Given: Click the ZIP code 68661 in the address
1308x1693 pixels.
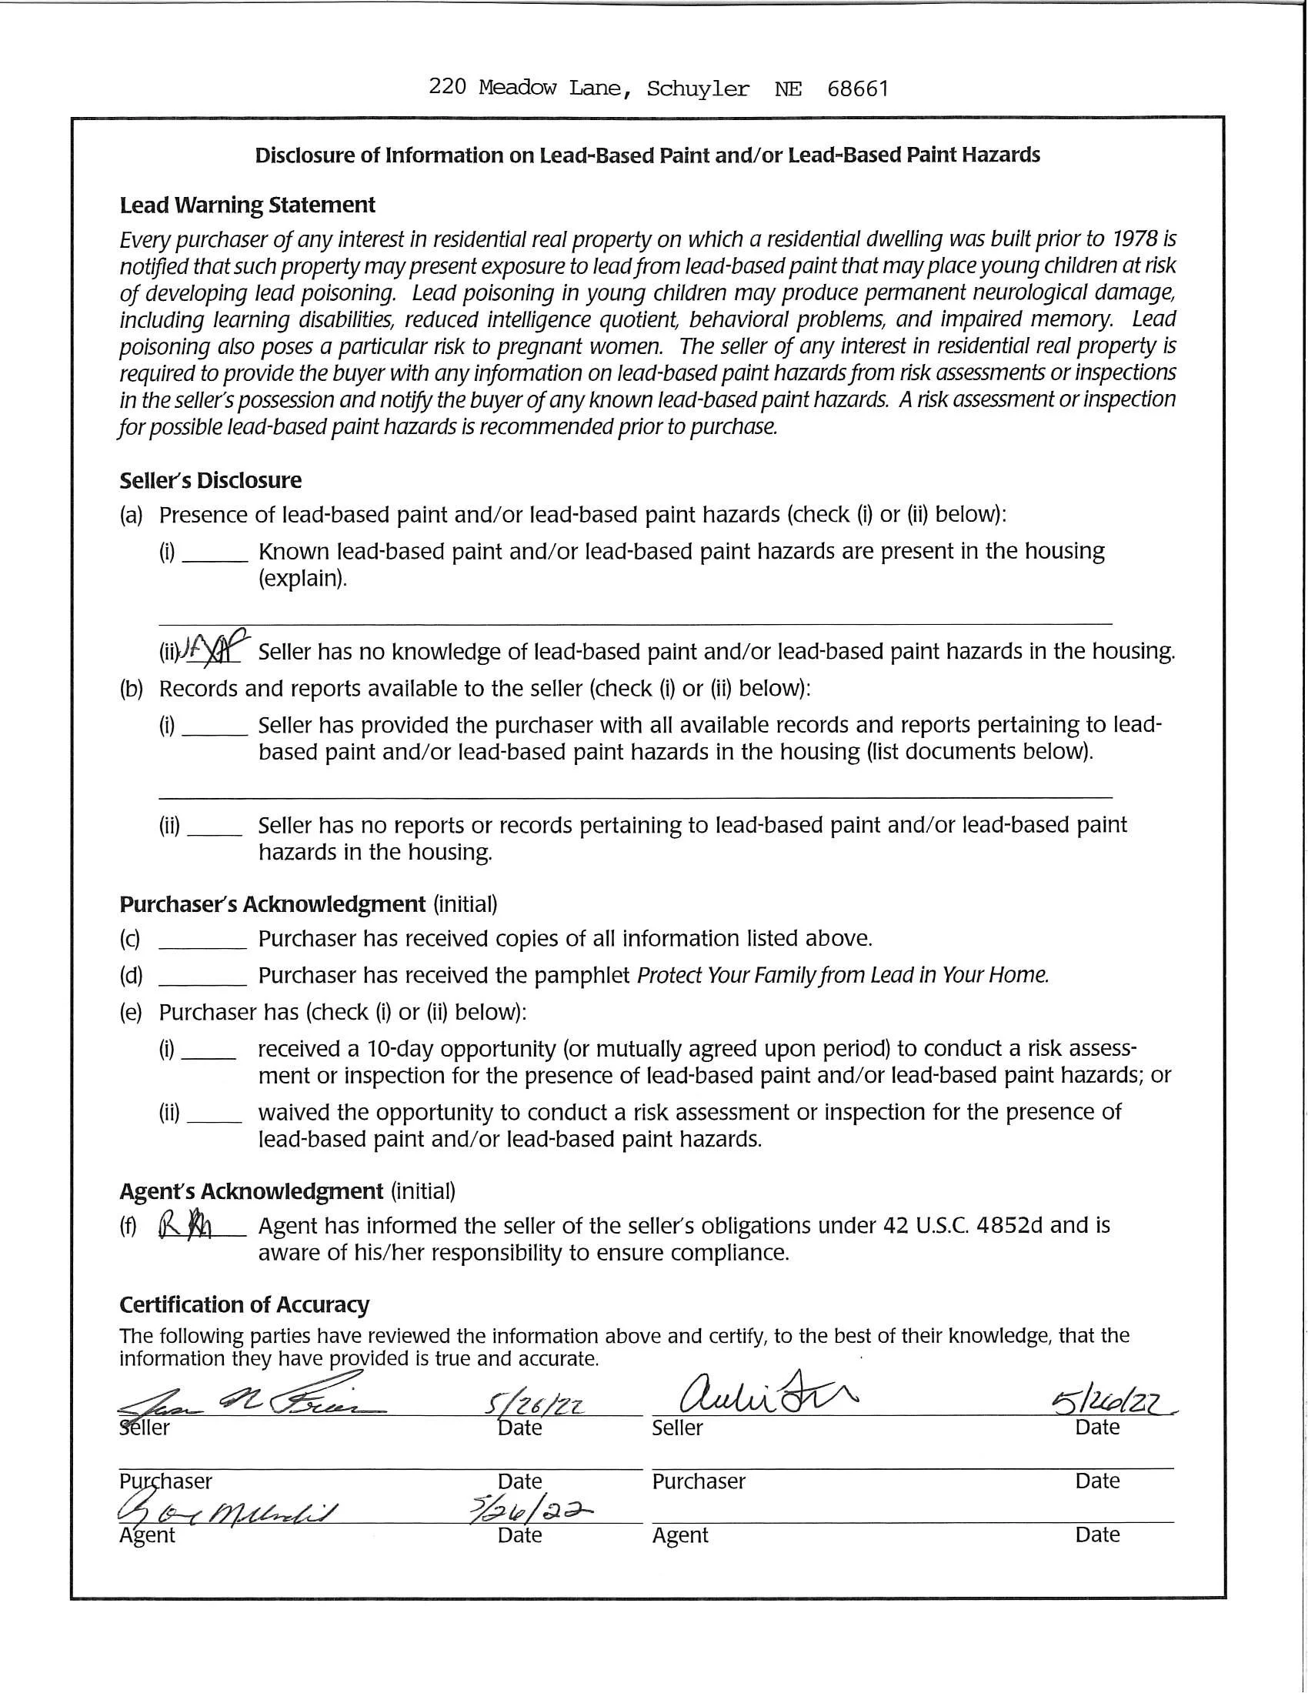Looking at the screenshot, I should pyautogui.click(x=857, y=89).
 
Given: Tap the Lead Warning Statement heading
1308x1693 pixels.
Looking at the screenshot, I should pyautogui.click(x=247, y=205).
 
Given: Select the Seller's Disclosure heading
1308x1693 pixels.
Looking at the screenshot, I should pyautogui.click(x=210, y=481).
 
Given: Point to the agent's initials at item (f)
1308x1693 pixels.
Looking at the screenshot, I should pyautogui.click(x=186, y=1226).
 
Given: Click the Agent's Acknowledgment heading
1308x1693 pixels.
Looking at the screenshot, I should pyautogui.click(x=251, y=1190).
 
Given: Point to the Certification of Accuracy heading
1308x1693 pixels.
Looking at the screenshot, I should pyautogui.click(x=244, y=1304).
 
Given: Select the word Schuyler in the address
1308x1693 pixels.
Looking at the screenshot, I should pyautogui.click(x=697, y=90).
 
